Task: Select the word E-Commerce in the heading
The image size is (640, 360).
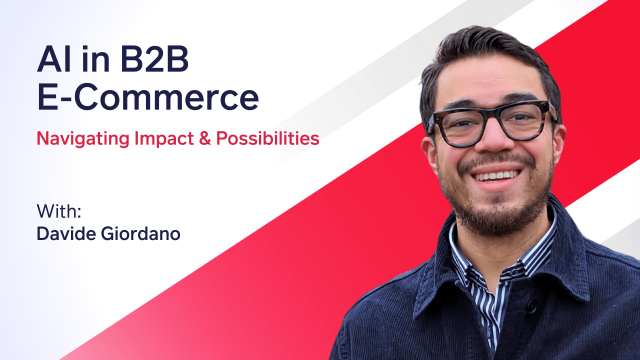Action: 147,97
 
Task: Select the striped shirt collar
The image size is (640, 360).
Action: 470,262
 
